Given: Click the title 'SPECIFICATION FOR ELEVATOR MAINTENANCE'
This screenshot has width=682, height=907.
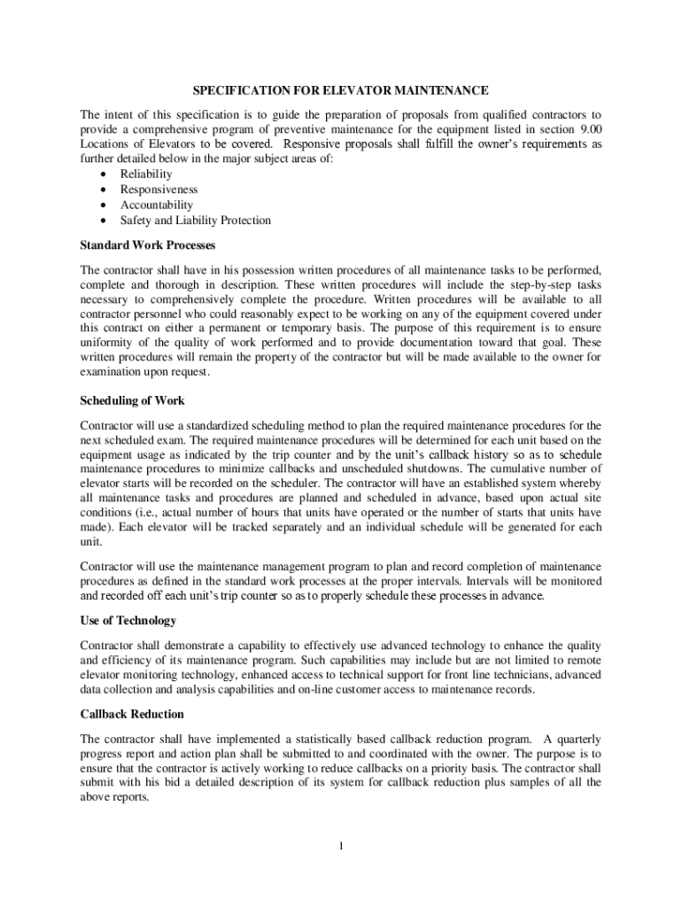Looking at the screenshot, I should click(341, 91).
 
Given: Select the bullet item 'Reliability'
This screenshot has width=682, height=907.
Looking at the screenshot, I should click(146, 174).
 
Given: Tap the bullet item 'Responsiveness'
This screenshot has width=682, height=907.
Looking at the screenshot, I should click(159, 190).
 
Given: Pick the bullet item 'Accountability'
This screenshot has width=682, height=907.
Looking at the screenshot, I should click(156, 205).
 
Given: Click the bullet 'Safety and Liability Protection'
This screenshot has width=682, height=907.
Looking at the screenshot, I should click(196, 220).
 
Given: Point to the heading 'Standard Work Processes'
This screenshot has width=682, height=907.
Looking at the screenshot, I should click(148, 244).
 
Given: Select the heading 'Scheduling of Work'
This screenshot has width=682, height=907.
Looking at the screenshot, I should click(132, 400).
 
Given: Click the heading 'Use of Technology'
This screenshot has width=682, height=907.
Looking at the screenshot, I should click(128, 620).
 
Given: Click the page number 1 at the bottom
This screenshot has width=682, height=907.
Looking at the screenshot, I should click(341, 846).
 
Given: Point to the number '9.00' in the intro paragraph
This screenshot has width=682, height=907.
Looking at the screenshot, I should click(586, 129).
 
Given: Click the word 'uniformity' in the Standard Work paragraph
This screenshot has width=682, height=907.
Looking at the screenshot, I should click(108, 342).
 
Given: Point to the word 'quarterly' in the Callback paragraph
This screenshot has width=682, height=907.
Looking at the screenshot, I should click(576, 739).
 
